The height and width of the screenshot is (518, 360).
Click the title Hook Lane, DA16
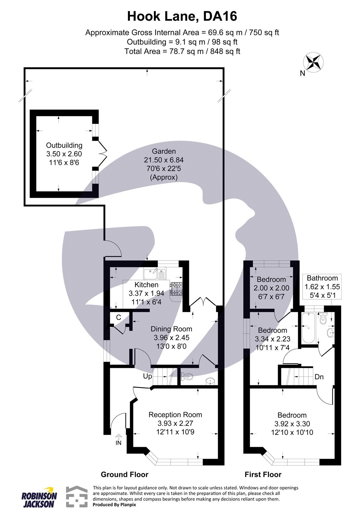click(x=182, y=16)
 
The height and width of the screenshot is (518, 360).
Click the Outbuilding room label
click(x=64, y=145)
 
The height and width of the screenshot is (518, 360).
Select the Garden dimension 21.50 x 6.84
click(x=164, y=160)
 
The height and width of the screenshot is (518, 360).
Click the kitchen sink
click(x=155, y=274)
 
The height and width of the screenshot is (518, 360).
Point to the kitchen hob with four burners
click(x=176, y=288)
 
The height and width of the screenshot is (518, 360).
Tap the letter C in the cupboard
click(x=119, y=318)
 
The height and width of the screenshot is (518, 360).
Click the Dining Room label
click(x=171, y=329)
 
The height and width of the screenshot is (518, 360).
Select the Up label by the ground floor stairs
click(x=148, y=377)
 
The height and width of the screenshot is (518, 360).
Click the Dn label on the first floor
click(x=319, y=377)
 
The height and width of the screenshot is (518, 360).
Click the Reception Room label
click(x=175, y=415)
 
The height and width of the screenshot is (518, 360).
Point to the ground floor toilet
click(x=188, y=376)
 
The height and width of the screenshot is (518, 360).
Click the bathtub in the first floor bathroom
click(x=307, y=328)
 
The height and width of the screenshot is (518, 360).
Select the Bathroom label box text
click(x=322, y=278)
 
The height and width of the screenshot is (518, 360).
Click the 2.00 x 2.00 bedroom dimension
click(x=271, y=288)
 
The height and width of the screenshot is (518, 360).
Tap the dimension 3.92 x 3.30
click(x=292, y=424)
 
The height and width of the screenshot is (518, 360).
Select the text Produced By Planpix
click(x=114, y=505)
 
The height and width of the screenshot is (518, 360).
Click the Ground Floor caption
click(x=124, y=475)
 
